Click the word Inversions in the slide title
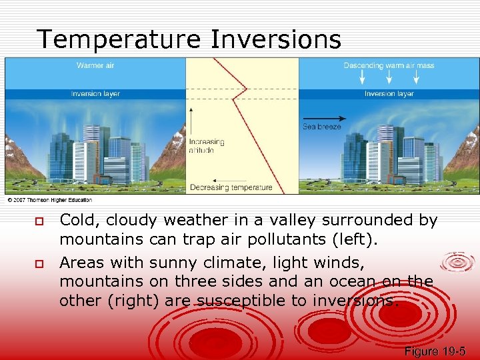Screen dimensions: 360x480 point(276,39)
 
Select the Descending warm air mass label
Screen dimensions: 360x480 point(389,65)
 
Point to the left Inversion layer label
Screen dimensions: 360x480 point(95,94)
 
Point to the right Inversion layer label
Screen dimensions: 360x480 point(389,94)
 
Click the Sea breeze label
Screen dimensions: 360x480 point(321,127)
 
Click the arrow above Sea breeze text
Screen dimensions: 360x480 point(320,119)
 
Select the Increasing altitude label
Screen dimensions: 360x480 point(206,146)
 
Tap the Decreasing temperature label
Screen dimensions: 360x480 point(231,187)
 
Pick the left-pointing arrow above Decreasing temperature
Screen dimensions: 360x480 point(231,179)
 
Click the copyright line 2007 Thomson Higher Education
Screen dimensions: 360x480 point(50,200)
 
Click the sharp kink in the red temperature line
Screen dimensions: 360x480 point(247,89)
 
